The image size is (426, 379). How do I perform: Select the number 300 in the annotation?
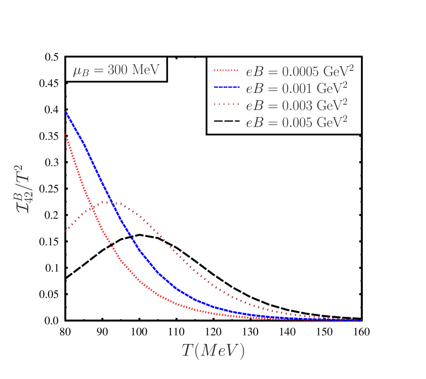coord(117,69)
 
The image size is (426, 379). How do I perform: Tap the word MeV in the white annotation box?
coord(145,69)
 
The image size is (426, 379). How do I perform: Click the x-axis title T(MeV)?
coord(213,350)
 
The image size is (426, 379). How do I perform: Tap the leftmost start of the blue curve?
coord(66,112)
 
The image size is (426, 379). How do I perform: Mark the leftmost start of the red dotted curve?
coord(66,134)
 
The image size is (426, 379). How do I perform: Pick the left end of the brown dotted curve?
coord(66,231)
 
